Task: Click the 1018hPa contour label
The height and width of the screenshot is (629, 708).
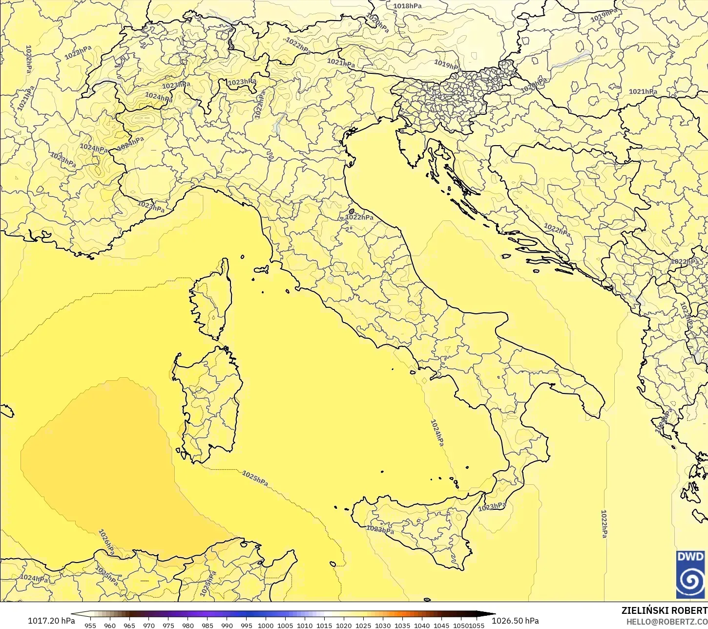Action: [407, 6]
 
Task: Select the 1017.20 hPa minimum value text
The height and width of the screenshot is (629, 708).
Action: [51, 621]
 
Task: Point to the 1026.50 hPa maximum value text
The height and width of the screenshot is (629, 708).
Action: [515, 621]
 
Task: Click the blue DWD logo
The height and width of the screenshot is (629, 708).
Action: [690, 574]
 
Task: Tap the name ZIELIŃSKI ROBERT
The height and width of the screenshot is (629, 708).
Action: [664, 610]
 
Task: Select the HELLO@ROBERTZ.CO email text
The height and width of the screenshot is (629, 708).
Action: [667, 621]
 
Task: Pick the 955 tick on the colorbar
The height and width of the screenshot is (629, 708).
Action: [90, 625]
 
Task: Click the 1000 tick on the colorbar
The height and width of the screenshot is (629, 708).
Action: [266, 625]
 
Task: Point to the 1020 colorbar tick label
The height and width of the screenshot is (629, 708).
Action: [344, 625]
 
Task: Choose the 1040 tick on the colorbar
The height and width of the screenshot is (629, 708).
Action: [422, 625]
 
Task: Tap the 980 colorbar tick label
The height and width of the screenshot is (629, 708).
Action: [188, 625]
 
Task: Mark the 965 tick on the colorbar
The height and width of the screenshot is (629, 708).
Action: [129, 625]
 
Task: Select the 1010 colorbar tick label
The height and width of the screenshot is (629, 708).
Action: [305, 625]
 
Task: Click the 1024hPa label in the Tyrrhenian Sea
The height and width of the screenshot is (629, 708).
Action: [437, 433]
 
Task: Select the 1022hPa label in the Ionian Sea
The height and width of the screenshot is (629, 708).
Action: [604, 524]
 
